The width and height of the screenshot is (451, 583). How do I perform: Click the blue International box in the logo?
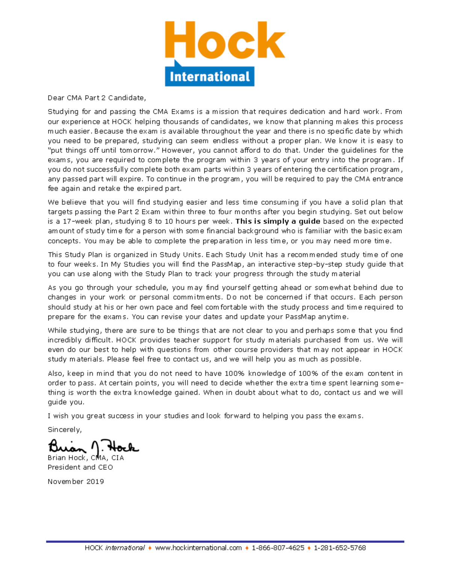click(x=210, y=77)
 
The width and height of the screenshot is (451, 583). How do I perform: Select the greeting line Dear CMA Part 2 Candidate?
click(x=96, y=98)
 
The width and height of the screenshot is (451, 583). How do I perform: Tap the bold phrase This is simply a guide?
click(x=278, y=221)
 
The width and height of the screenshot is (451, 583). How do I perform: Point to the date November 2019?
click(x=76, y=482)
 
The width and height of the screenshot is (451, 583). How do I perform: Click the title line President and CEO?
click(x=80, y=467)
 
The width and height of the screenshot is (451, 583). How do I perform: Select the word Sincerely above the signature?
click(x=64, y=430)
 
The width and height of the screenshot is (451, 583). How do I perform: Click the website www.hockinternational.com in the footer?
click(x=198, y=548)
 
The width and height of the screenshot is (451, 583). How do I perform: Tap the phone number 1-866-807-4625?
click(x=278, y=548)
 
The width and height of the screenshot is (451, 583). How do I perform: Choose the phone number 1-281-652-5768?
click(x=340, y=548)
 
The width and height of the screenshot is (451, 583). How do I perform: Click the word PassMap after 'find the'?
click(x=227, y=264)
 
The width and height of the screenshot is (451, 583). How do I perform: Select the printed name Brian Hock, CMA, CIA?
click(x=85, y=458)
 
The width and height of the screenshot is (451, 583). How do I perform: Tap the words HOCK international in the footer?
click(x=115, y=548)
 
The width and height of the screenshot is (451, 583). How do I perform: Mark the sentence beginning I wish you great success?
click(x=205, y=416)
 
